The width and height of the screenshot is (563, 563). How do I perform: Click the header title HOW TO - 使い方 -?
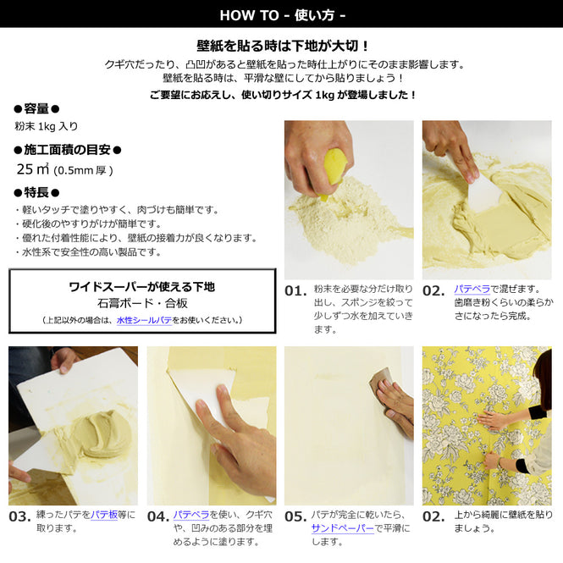[281, 14]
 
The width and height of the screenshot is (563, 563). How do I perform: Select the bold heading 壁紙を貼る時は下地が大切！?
[281, 46]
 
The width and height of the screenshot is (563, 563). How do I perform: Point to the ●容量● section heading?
[36, 108]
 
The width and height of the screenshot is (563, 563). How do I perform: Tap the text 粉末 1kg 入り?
[46, 126]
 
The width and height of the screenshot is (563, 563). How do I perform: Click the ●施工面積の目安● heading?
[68, 150]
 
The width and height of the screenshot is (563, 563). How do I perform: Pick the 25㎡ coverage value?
[30, 169]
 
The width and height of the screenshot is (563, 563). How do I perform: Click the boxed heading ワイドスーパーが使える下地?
[141, 287]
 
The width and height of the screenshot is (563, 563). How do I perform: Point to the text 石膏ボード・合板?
[141, 302]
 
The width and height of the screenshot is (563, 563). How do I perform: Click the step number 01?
[295, 290]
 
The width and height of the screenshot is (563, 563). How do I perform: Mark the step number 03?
[19, 516]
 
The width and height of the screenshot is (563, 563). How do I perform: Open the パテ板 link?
[104, 514]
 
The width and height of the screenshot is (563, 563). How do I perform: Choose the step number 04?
[157, 516]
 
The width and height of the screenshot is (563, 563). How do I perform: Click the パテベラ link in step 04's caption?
[191, 514]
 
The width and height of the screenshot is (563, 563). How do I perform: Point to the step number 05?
[295, 516]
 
